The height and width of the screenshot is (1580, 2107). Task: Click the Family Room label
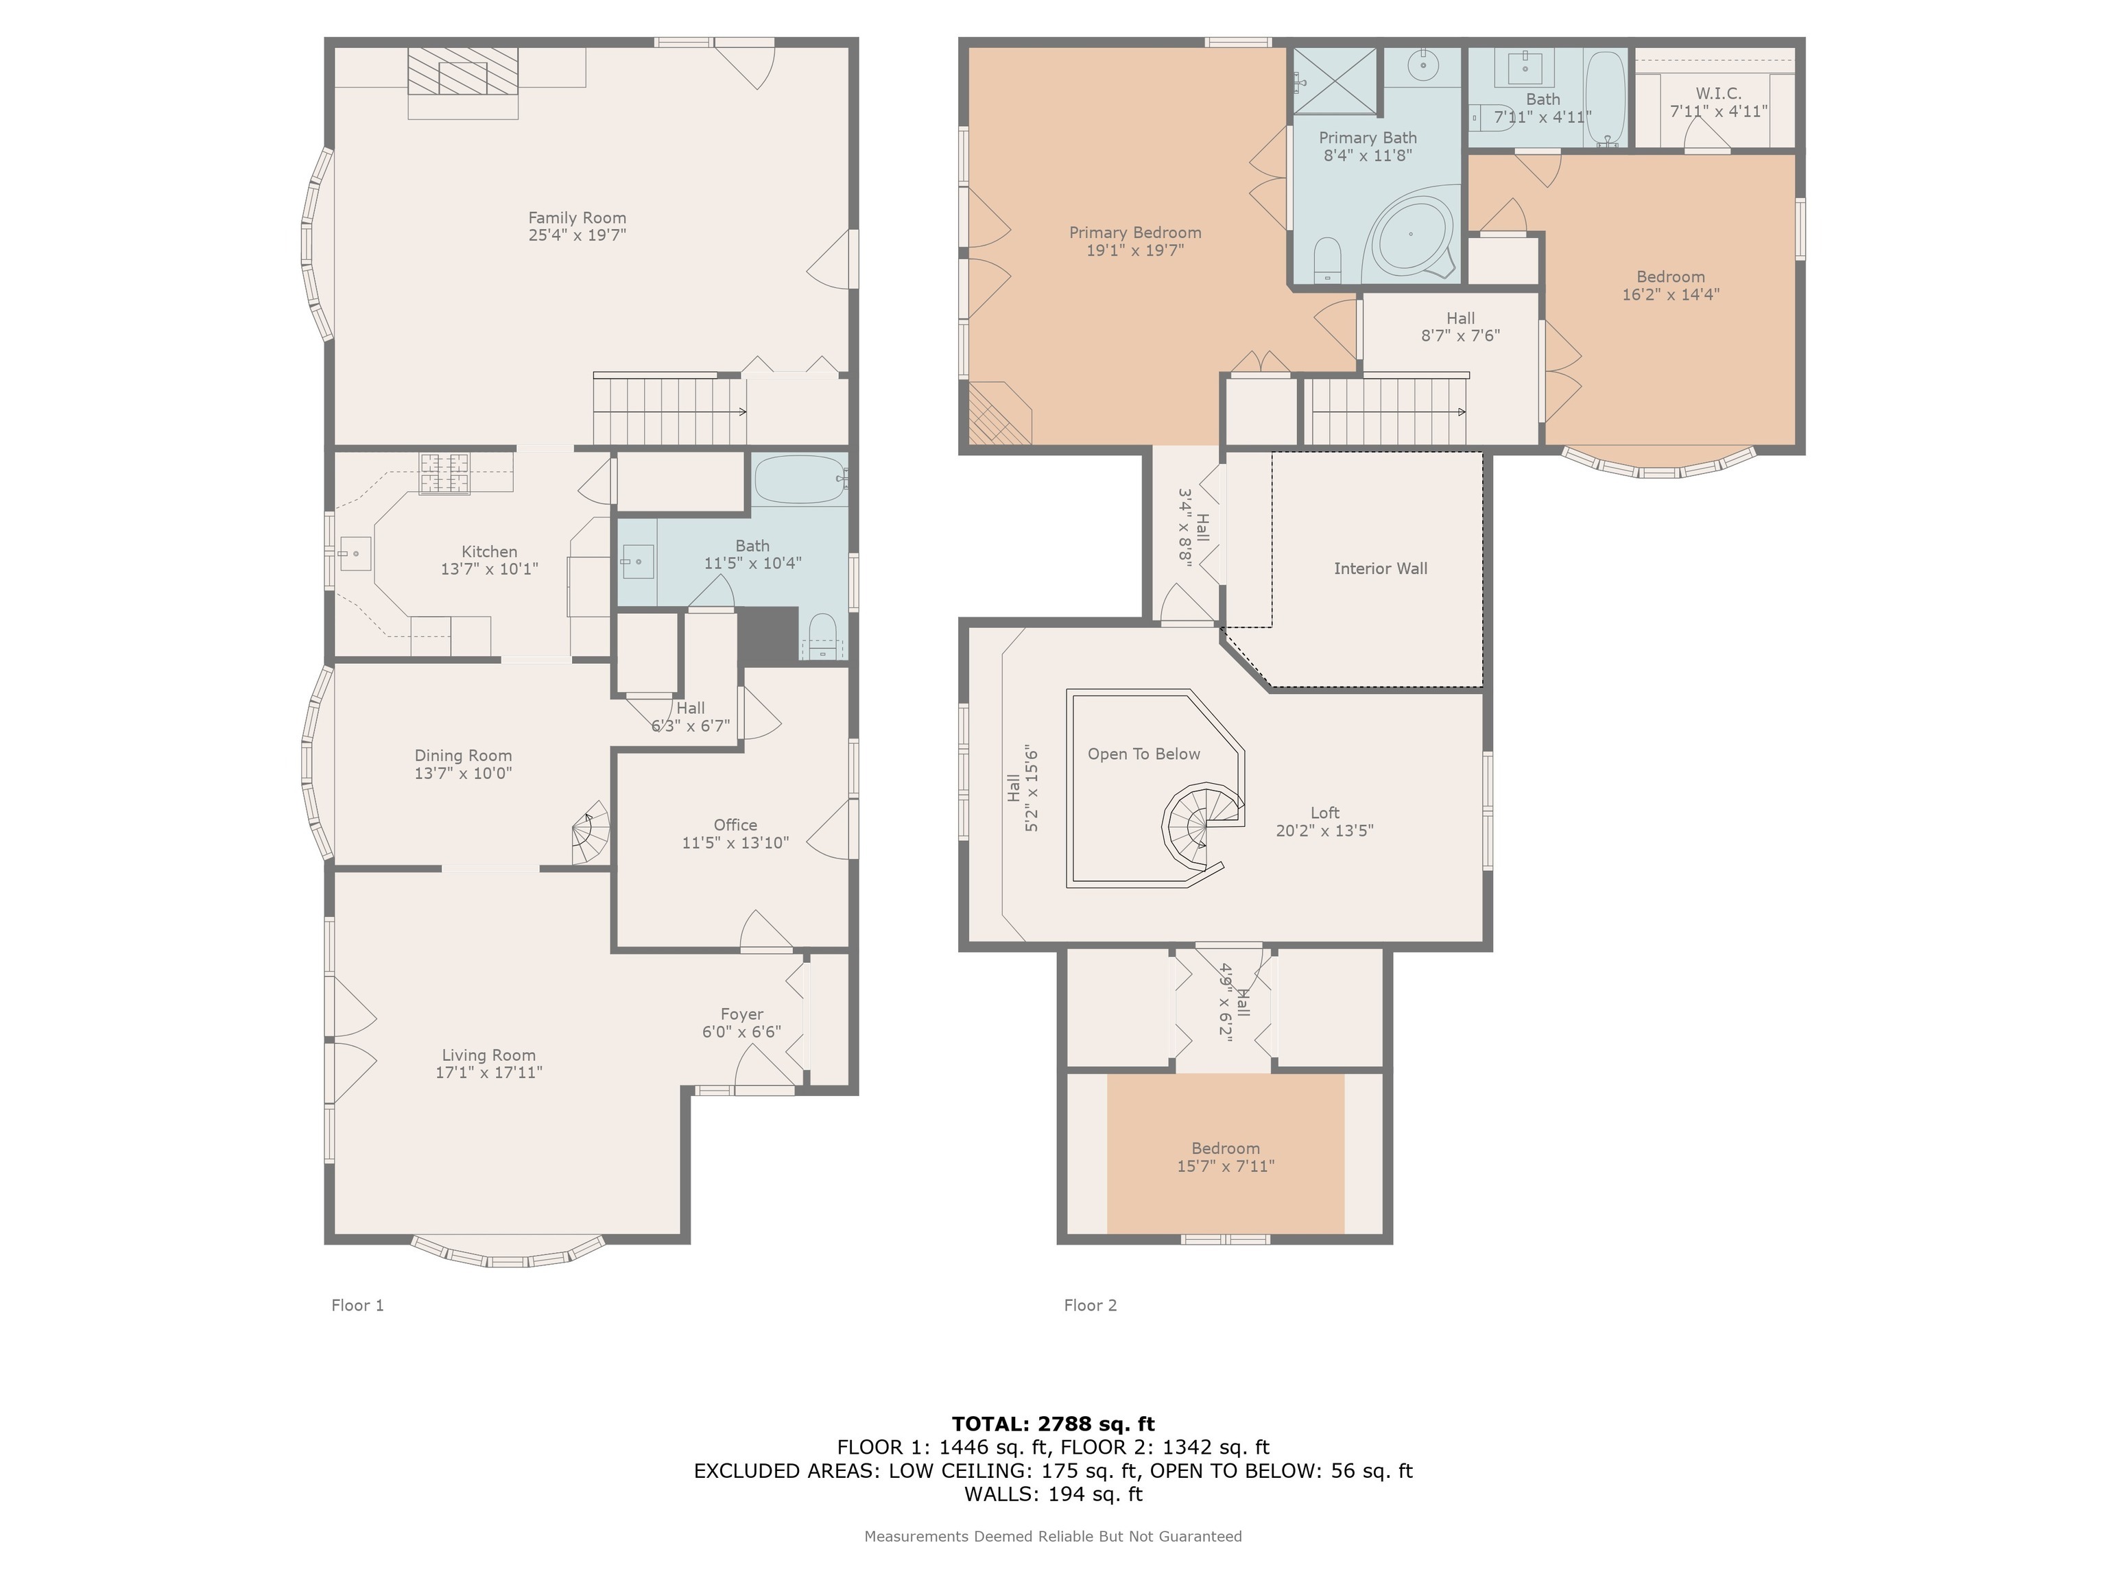[x=578, y=218]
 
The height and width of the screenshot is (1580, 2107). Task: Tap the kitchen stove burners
[x=446, y=473]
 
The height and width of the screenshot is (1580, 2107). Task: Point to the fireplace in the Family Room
[x=463, y=71]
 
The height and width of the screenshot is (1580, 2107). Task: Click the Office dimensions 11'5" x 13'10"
[x=735, y=843]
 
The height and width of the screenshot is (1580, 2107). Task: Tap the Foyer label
[x=742, y=1014]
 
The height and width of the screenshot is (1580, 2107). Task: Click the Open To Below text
[x=1144, y=754]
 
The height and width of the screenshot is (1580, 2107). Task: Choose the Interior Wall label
[x=1380, y=568]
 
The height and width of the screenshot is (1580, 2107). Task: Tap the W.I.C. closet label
[x=1718, y=93]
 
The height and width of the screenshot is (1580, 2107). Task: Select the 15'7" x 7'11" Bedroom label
[x=1226, y=1157]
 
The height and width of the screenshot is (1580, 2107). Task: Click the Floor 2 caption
[x=1091, y=1306]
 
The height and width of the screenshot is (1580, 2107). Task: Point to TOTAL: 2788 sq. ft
[x=1053, y=1424]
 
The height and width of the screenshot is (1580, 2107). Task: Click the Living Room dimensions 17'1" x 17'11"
[x=488, y=1073]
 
